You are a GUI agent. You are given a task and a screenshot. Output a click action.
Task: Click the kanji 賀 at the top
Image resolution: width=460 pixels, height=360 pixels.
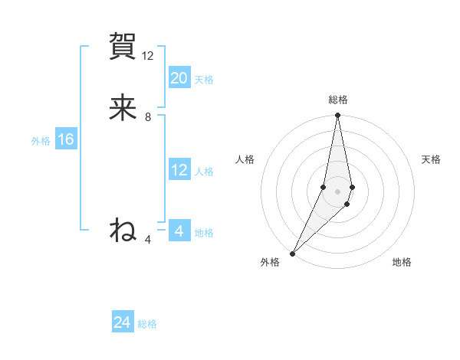click(x=123, y=47)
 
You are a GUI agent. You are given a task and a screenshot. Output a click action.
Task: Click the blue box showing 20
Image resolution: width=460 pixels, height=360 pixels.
click(x=179, y=78)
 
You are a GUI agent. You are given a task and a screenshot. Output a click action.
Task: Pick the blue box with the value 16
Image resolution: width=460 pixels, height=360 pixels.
click(x=65, y=139)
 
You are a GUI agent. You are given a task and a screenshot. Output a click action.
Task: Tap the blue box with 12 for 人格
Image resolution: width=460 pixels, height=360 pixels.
click(x=179, y=170)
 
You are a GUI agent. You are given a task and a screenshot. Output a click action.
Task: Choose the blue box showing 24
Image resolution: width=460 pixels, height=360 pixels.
click(x=123, y=322)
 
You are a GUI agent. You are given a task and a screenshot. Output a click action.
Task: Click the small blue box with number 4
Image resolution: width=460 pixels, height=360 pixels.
click(x=179, y=231)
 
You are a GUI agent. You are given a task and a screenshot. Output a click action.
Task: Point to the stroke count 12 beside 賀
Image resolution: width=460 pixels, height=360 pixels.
click(x=148, y=56)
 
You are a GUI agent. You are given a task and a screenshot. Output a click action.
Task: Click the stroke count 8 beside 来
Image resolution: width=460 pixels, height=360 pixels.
click(x=148, y=117)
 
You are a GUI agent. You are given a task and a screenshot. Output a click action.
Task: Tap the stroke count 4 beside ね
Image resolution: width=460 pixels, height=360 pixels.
click(x=148, y=240)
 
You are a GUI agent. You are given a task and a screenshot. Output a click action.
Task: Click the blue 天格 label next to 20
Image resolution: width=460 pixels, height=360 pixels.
click(x=204, y=80)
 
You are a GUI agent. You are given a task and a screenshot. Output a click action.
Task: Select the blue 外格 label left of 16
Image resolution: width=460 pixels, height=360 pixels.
click(x=41, y=141)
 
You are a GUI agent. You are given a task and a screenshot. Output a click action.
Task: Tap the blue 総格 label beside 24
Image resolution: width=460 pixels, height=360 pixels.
click(x=147, y=324)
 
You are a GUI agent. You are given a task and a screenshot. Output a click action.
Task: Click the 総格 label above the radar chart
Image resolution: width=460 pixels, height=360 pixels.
click(x=337, y=100)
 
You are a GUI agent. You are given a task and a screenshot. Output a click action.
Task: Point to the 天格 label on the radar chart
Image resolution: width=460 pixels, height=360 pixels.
click(x=432, y=159)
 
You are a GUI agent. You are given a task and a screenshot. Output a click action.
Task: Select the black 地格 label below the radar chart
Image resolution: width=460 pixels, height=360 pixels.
click(x=402, y=263)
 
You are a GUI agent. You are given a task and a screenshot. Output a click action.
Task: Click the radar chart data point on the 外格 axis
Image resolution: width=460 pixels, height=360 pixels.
click(x=293, y=253)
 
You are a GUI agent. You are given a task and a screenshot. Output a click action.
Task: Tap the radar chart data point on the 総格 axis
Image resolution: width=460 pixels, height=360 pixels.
click(x=337, y=116)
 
